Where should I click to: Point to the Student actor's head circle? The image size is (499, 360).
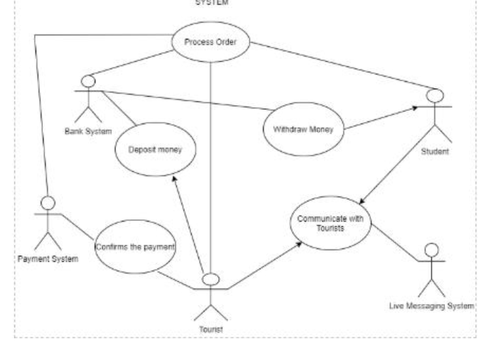click(x=436, y=95)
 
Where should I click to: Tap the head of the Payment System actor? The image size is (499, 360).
click(x=46, y=202)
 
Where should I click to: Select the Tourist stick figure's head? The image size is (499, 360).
click(x=211, y=279)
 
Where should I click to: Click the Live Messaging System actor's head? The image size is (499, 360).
click(x=429, y=250)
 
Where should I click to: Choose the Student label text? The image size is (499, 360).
click(x=435, y=151)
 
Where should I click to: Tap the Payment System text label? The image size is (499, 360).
click(x=47, y=258)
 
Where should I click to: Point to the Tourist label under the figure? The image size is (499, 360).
click(x=211, y=329)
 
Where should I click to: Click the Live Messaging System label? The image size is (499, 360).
click(x=430, y=306)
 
